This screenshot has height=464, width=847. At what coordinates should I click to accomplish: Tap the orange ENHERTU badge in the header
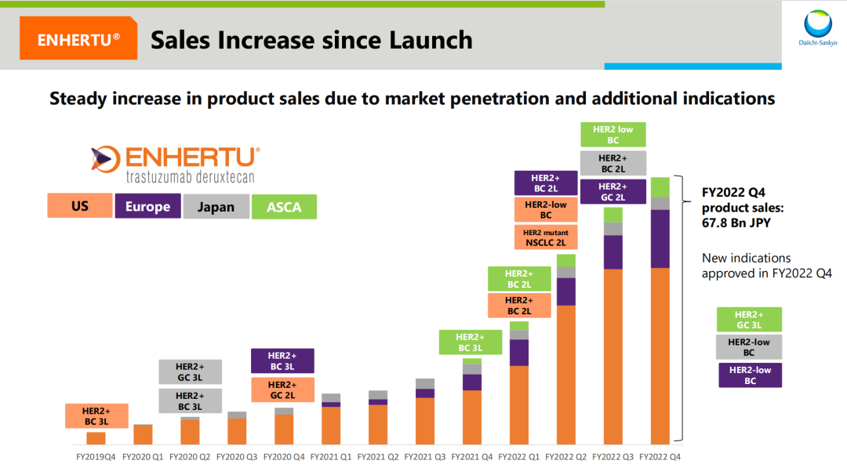[78, 40]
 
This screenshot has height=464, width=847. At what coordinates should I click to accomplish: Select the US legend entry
[80, 206]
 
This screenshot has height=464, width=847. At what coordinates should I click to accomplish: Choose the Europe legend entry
[147, 206]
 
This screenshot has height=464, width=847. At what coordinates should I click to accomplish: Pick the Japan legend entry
[215, 206]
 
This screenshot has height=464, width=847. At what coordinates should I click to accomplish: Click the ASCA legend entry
[284, 206]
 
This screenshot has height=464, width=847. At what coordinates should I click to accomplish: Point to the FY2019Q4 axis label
[96, 455]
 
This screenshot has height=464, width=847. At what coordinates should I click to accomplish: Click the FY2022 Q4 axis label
[660, 455]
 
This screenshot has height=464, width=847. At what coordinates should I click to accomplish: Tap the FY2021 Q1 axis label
[331, 455]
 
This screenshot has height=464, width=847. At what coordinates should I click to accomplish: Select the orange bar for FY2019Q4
[96, 438]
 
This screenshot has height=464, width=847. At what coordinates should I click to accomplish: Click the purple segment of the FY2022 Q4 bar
[660, 239]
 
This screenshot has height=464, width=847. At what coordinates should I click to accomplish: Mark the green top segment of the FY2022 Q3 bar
[613, 215]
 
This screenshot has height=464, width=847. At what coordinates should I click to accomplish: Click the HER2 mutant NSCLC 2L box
[546, 237]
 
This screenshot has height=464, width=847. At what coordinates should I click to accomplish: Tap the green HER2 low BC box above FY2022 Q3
[613, 135]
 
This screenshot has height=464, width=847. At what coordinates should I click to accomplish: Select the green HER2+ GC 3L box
[750, 320]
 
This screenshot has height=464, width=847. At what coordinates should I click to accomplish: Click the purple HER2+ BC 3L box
[282, 361]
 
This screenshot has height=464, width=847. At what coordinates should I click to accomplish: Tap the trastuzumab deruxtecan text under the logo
[191, 177]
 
